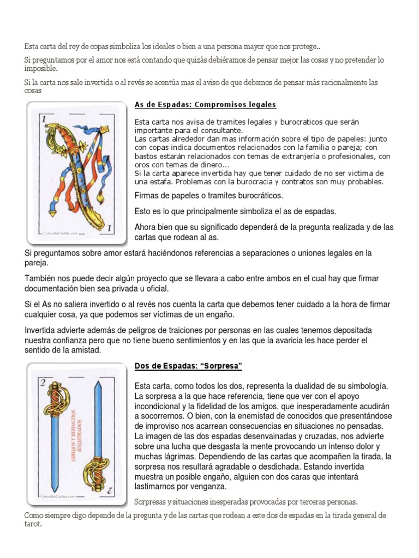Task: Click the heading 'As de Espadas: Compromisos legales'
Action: pyautogui.click(x=205, y=104)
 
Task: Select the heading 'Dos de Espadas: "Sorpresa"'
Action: pyautogui.click(x=188, y=366)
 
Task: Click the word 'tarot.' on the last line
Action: pyautogui.click(x=33, y=524)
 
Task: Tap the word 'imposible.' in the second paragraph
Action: pyautogui.click(x=41, y=69)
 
